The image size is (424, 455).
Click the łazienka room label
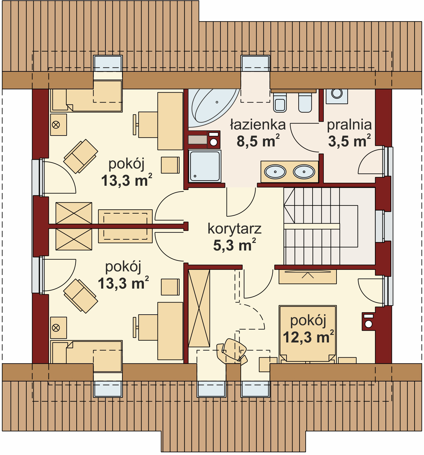258,125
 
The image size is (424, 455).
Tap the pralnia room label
349,125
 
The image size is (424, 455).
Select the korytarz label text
234,229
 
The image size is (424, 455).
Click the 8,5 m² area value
258,141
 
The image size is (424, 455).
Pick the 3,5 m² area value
349,141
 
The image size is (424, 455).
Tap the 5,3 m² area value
234,245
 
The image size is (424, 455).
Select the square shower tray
205,166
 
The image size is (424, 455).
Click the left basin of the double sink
275,172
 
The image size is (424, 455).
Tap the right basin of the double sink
304,172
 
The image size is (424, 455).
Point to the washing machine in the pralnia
337,96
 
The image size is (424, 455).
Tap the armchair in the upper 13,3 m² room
81,156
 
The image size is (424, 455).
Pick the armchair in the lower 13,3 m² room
81,296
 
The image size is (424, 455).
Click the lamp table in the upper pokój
58,125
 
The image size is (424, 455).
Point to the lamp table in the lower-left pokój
58,328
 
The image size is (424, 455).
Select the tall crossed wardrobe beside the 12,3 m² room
199,308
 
